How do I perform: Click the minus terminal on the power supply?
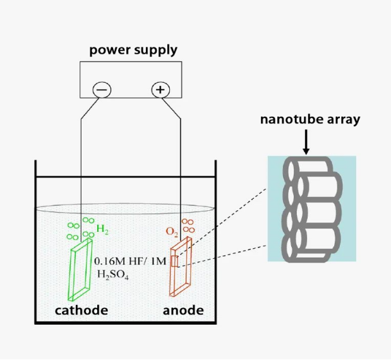(x=102, y=90)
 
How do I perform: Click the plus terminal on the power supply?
(x=160, y=90)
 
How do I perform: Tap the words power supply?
(x=133, y=50)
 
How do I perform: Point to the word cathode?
(x=81, y=310)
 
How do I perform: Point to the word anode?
(x=183, y=310)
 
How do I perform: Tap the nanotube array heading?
(x=310, y=119)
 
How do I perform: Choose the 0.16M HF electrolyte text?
(x=129, y=261)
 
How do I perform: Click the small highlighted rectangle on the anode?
(x=177, y=261)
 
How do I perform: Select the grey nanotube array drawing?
(x=312, y=208)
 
